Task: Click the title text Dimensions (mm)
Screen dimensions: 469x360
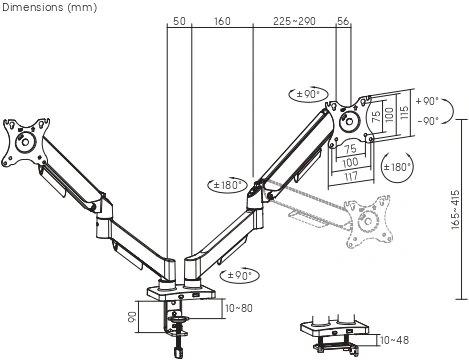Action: pyautogui.click(x=49, y=7)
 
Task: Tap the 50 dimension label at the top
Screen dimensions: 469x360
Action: pyautogui.click(x=179, y=21)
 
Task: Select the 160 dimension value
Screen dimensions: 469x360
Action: pyautogui.click(x=222, y=21)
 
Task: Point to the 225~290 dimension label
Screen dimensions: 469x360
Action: pyautogui.click(x=294, y=21)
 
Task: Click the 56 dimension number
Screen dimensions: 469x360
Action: pyautogui.click(x=343, y=21)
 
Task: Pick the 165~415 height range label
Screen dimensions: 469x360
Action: pyautogui.click(x=455, y=209)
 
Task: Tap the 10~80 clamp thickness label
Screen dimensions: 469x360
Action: pyautogui.click(x=239, y=308)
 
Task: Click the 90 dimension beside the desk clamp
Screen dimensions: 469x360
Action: pyautogui.click(x=132, y=317)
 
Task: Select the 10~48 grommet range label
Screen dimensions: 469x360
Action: pyautogui.click(x=394, y=340)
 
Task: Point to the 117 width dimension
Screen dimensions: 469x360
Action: pyautogui.click(x=350, y=176)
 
